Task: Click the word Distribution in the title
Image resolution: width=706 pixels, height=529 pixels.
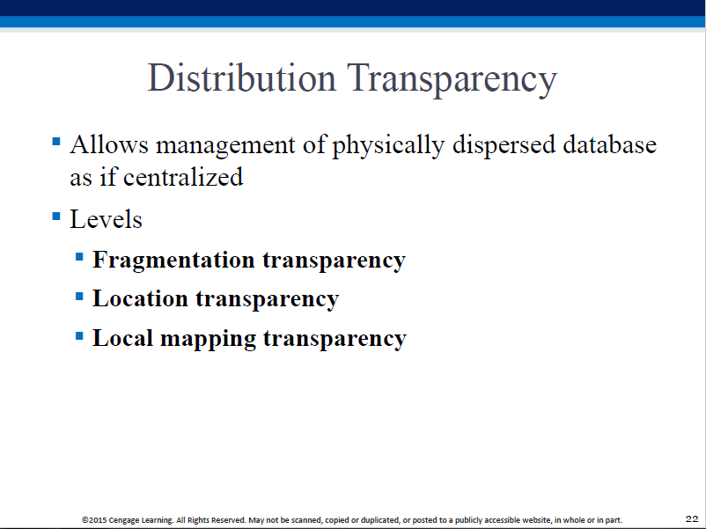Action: [242, 77]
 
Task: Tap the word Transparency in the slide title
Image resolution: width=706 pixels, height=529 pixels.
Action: [452, 80]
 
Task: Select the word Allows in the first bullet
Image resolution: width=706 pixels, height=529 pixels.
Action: [109, 144]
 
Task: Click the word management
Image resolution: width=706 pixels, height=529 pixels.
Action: [225, 147]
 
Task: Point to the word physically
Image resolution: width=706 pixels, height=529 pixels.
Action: [388, 146]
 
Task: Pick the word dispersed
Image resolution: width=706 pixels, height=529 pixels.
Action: [504, 146]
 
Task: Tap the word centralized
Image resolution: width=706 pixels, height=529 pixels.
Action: [183, 177]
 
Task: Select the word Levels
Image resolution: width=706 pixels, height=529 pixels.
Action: [106, 219]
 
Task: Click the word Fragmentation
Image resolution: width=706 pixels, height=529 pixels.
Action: [173, 261]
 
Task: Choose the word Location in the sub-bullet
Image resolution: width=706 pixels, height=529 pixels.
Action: [140, 298]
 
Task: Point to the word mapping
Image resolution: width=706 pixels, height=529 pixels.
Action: [208, 339]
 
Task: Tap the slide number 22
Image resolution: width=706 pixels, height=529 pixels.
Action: [692, 518]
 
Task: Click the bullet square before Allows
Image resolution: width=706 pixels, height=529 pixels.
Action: [56, 142]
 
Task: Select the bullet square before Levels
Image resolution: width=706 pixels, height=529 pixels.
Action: [56, 217]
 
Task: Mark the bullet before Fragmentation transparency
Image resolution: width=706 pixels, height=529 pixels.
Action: [79, 257]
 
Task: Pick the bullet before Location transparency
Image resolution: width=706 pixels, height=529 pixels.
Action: [79, 297]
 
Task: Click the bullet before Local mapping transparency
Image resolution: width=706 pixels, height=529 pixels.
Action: [79, 336]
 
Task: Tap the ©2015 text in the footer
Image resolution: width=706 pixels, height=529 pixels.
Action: [94, 520]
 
